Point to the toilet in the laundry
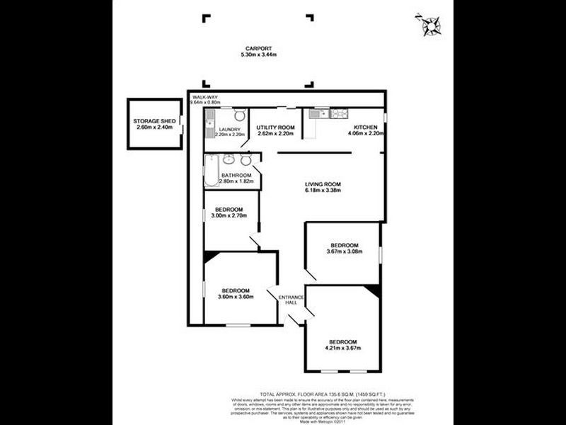(x=240, y=116)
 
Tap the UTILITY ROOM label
(x=276, y=127)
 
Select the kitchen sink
(x=316, y=113)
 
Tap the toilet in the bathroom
(x=245, y=159)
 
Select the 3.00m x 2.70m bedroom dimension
(x=229, y=217)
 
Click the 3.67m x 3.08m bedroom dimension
(x=343, y=251)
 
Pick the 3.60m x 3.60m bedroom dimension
(x=235, y=296)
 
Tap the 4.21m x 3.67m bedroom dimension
(x=343, y=348)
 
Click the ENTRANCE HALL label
(x=291, y=300)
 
